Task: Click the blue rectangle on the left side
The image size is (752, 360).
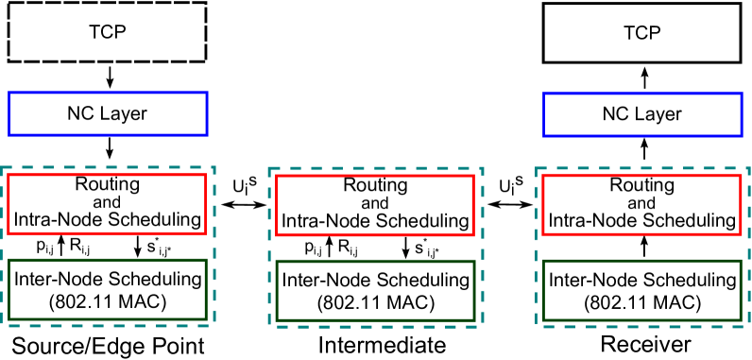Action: [x=108, y=113]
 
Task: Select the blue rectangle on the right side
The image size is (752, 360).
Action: [x=642, y=114]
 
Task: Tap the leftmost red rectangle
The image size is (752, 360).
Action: [x=107, y=203]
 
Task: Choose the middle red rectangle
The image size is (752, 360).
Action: [x=375, y=205]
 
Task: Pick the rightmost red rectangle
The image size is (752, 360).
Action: [x=642, y=204]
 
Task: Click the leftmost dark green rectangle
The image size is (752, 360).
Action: [x=107, y=289]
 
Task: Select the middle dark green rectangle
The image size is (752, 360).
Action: [x=375, y=290]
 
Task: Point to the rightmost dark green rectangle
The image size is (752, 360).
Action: [x=642, y=290]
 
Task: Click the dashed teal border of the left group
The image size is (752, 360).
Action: [x=214, y=246]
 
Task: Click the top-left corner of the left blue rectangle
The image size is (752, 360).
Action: [x=9, y=93]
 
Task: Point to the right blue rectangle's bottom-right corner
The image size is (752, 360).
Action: [x=742, y=135]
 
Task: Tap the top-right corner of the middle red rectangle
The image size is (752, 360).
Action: [x=473, y=176]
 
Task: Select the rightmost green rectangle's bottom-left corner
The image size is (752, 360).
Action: [x=543, y=319]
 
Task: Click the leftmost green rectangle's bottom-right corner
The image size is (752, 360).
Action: [x=206, y=318]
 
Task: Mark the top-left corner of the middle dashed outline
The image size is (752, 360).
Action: [x=269, y=168]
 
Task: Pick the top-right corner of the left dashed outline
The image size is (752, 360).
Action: [x=214, y=167]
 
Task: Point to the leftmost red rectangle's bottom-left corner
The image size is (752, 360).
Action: [x=9, y=232]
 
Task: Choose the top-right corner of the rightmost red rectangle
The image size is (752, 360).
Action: [x=741, y=176]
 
